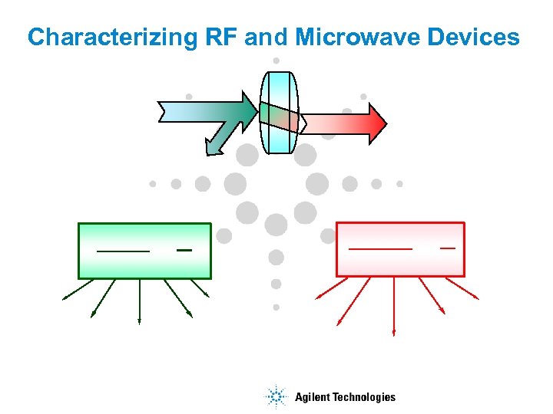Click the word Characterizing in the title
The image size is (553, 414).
[103, 38]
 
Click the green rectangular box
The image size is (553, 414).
[144, 264]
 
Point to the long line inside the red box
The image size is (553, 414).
[380, 248]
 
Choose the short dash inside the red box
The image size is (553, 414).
[447, 248]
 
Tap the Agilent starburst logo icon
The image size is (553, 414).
[275, 396]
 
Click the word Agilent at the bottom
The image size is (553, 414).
[313, 397]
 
